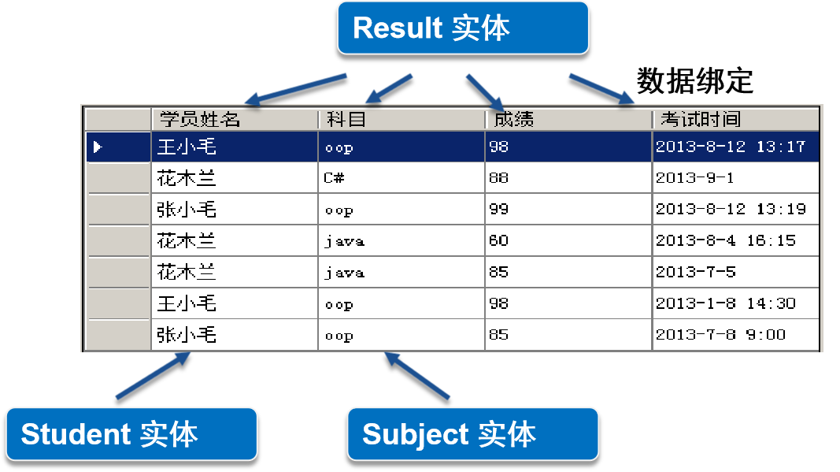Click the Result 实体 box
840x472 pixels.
[463, 28]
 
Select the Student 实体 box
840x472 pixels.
[131, 434]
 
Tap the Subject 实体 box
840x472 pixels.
[472, 434]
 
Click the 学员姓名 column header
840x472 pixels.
[235, 120]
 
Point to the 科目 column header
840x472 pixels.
[401, 120]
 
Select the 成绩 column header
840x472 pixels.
[568, 120]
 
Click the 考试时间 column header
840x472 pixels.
[735, 120]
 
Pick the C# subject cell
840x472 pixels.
[401, 178]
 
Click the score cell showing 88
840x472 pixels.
[568, 178]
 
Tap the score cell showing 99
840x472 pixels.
[568, 210]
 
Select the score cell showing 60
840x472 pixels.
[568, 241]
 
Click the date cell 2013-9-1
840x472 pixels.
[735, 178]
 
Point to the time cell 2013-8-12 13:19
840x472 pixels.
[735, 210]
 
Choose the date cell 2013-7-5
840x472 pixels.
[735, 273]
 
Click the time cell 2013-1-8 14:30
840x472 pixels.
[735, 303]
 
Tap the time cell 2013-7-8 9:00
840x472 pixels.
[735, 335]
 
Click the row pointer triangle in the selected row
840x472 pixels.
[98, 147]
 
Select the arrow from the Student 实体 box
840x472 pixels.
[153, 375]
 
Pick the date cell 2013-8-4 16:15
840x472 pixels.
[735, 241]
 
